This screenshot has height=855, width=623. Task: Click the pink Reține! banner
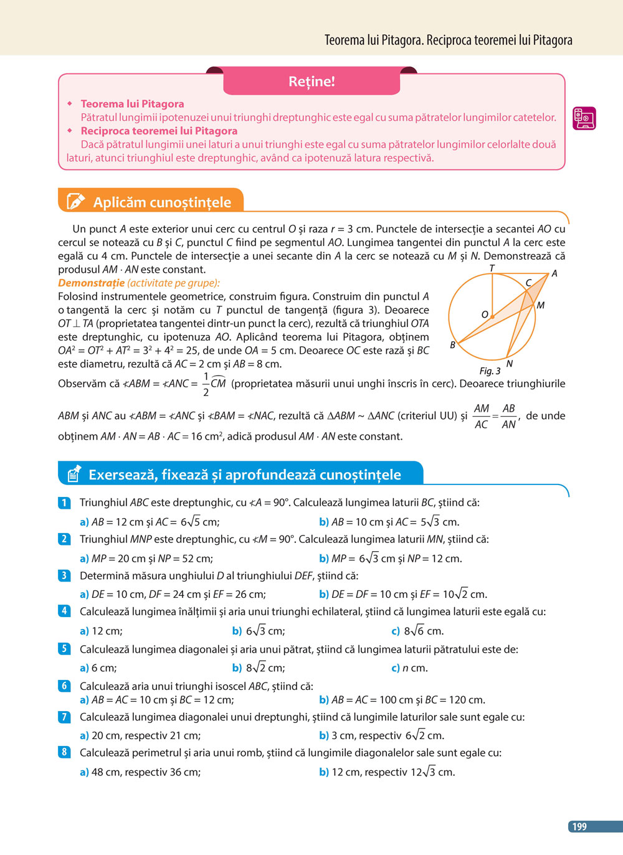pos(311,82)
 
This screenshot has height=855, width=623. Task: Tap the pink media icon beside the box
pos(584,118)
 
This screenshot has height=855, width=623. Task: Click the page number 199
pos(579,826)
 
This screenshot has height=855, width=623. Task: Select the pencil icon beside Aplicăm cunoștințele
pos(75,202)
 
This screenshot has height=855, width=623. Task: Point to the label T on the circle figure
pos(492,268)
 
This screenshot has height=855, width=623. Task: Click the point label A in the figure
pos(554,273)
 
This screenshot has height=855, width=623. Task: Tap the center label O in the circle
pos(485,314)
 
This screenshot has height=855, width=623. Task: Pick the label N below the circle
pos(510,364)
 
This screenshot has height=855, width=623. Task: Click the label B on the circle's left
pos(453,345)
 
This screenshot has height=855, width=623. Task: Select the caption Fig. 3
pos(490,371)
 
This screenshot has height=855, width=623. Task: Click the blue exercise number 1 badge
pos(64,502)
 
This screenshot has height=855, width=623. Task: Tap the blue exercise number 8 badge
pos(64,752)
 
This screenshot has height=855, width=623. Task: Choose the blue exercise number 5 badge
pos(64,649)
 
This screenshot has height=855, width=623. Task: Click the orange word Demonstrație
pos(91,283)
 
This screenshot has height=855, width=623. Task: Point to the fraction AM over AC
pos(482,416)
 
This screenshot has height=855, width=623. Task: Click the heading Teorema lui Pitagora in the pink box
pos(132,104)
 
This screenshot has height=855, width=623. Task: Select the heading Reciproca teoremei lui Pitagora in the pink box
pos(159,131)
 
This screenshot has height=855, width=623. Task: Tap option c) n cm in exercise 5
pos(409,668)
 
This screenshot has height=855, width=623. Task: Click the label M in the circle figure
pos(540,305)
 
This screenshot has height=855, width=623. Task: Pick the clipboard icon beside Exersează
pos(74,475)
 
